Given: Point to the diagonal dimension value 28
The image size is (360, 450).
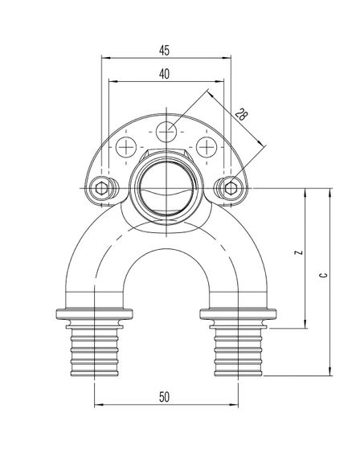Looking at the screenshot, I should pyautogui.click(x=240, y=115).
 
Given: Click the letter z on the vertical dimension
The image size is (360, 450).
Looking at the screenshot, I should pyautogui.click(x=297, y=254).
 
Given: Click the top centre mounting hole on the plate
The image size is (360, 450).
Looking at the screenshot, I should pyautogui.click(x=166, y=130).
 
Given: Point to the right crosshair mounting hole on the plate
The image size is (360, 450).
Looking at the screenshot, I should pyautogui.click(x=207, y=147).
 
